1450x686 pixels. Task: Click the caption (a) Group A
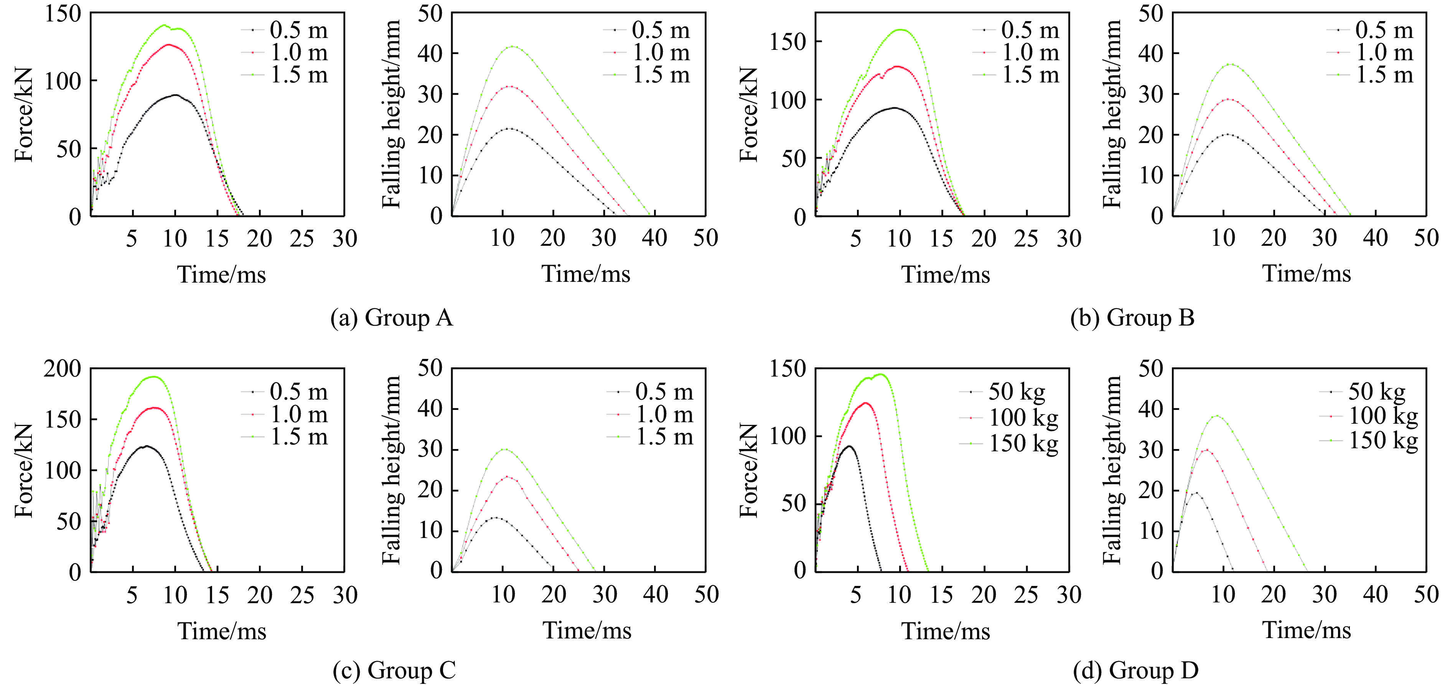click(x=392, y=318)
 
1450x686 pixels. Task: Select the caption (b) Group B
click(x=1132, y=318)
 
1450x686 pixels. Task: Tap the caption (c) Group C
click(x=394, y=670)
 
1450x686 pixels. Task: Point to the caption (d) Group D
click(x=1135, y=670)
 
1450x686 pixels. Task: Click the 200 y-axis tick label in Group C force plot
click(x=63, y=369)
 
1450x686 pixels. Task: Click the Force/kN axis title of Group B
click(x=749, y=114)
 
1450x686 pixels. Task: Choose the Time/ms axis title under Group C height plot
click(x=587, y=630)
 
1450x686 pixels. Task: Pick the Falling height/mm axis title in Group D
click(x=1112, y=470)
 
